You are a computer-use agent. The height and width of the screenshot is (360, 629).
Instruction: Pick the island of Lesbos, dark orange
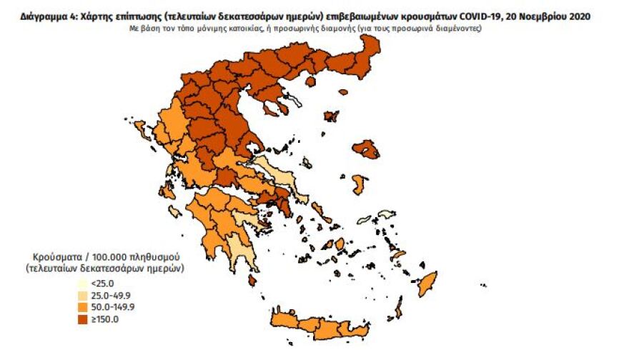(366, 149)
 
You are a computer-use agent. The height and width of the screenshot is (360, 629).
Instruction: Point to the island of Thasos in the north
(312, 82)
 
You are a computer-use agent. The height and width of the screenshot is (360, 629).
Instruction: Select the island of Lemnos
(330, 116)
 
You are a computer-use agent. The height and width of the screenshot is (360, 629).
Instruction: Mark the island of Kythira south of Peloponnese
(252, 281)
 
